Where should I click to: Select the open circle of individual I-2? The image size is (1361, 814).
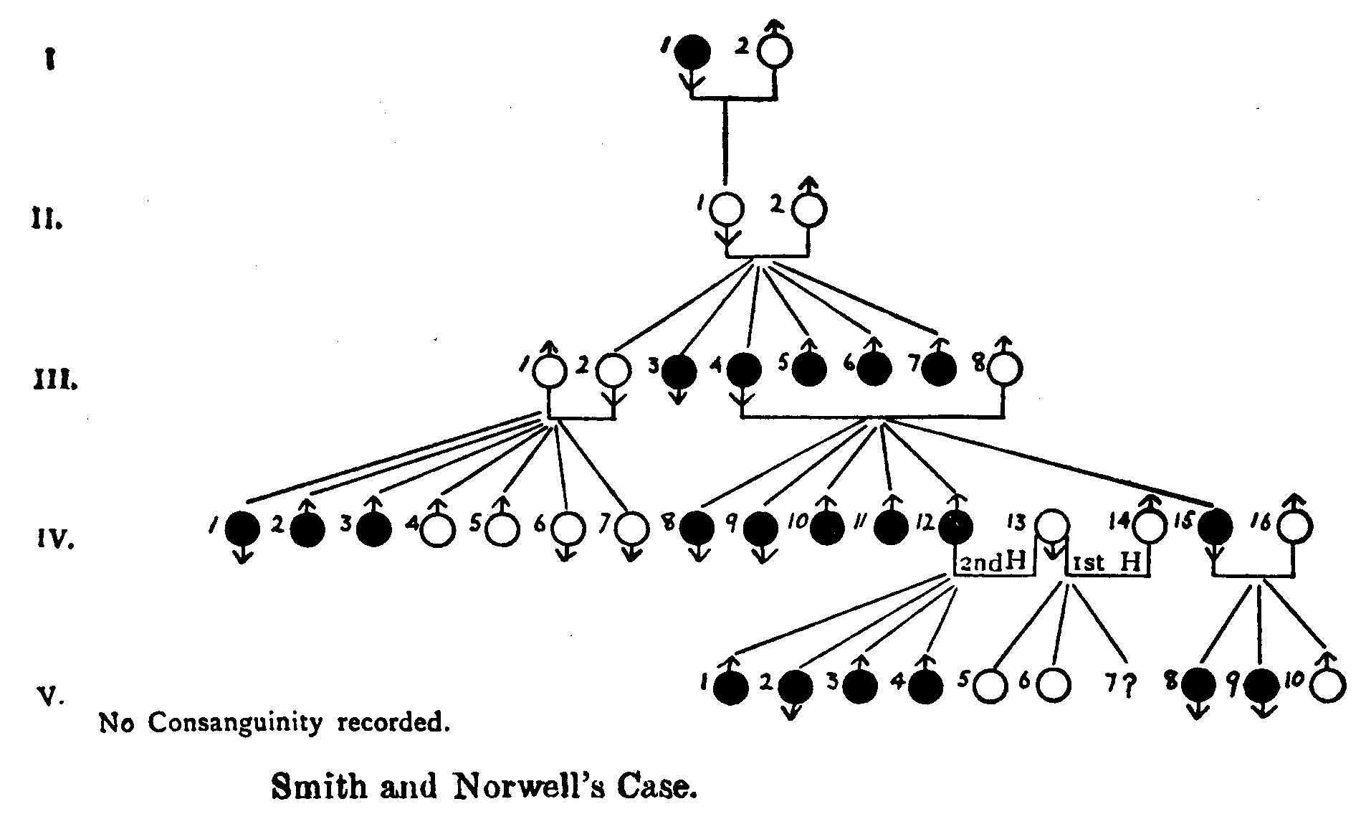tap(775, 51)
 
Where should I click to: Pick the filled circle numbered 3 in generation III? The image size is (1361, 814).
tap(678, 371)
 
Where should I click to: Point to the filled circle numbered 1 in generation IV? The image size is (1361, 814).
tap(242, 530)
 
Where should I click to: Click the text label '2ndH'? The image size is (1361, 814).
tap(993, 563)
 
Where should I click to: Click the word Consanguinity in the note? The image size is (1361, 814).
tap(239, 722)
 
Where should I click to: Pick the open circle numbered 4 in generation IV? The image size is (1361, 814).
tap(438, 530)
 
